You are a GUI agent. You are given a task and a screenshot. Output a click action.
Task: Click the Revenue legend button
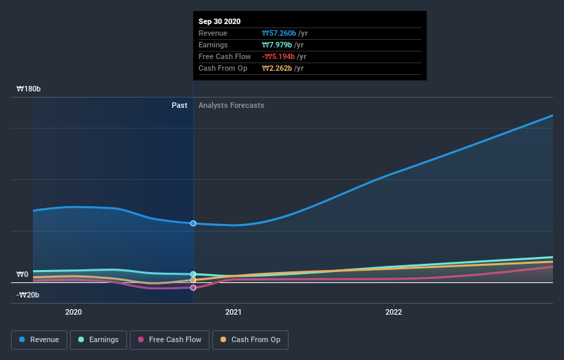(x=40, y=339)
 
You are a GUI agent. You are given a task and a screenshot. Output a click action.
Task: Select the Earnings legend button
(x=99, y=339)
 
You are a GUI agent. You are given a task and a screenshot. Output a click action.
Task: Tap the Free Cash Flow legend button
(x=170, y=339)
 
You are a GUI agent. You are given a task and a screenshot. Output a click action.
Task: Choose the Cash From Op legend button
(x=250, y=339)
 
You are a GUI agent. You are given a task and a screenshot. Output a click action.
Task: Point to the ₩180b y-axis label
(x=29, y=89)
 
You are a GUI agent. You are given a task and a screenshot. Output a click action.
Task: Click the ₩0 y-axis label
(x=22, y=275)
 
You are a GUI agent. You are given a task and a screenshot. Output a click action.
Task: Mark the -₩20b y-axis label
(x=28, y=295)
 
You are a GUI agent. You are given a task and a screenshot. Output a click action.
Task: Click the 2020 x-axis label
(x=74, y=311)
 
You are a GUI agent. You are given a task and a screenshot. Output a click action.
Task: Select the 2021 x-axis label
(x=234, y=311)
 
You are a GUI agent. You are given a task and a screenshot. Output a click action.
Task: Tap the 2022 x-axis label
(x=394, y=311)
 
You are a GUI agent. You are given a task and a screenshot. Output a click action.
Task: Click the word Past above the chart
(x=179, y=106)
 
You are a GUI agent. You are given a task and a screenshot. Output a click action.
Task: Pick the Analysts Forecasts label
(x=231, y=106)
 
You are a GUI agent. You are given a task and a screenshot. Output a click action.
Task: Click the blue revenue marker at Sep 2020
(x=193, y=223)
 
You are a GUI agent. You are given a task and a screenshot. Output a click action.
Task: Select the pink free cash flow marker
(x=193, y=288)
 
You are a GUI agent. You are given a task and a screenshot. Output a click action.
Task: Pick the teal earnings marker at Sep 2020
(x=193, y=274)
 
